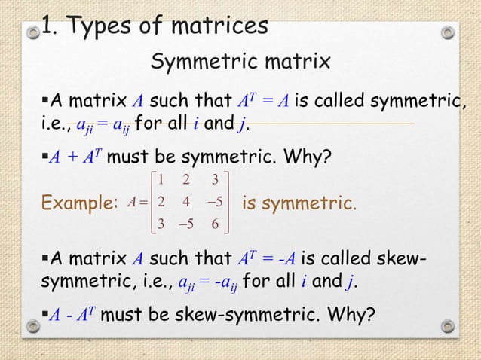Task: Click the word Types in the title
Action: (x=103, y=26)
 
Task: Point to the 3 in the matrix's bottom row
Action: (x=161, y=224)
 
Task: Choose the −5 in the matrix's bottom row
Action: (x=185, y=224)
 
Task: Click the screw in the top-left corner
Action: (x=33, y=32)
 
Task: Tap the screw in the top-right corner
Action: (x=448, y=32)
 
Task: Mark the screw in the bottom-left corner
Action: (x=33, y=327)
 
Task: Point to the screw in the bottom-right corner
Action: (x=448, y=327)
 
